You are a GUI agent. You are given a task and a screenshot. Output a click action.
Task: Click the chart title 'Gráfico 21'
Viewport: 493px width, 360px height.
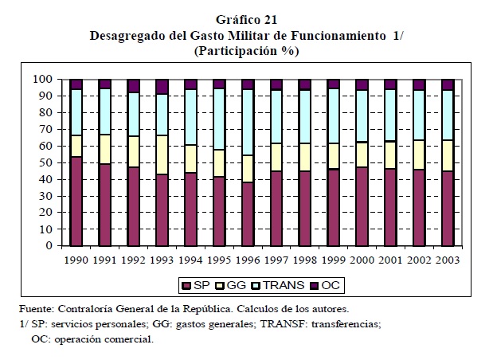pos(246,20)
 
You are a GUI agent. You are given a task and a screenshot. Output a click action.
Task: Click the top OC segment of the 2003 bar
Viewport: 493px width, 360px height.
pos(448,84)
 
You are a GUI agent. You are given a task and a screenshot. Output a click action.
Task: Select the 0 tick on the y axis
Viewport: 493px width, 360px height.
pos(48,246)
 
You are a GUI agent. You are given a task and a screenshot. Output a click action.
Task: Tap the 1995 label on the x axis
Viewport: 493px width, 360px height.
pos(219,260)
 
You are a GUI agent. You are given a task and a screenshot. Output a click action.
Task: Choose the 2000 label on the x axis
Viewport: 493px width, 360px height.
pos(362,260)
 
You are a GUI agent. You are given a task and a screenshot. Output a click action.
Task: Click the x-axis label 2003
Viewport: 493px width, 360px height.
pos(448,260)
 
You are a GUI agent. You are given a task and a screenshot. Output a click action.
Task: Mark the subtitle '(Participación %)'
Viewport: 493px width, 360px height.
pos(246,51)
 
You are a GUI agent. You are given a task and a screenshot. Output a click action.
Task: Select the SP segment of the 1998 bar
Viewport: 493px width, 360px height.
pos(305,208)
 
